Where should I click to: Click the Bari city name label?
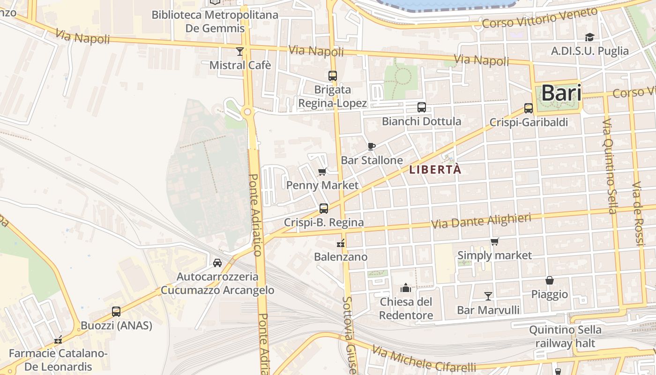point(561,93)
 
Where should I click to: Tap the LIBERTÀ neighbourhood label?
point(435,170)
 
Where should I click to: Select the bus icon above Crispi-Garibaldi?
point(529,108)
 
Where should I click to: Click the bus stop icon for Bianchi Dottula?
point(422,107)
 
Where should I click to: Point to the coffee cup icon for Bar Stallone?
point(372,146)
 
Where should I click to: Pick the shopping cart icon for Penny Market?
point(322,172)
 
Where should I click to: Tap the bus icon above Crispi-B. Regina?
point(324,209)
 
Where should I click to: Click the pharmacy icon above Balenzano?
point(341,243)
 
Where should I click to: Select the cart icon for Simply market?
point(495,242)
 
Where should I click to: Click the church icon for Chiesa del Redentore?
point(406,287)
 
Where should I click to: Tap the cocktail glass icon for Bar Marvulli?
point(488,296)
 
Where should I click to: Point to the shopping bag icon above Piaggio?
point(550,280)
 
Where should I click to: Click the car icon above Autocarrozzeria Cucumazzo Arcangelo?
point(217,262)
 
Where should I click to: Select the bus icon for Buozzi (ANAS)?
point(116,311)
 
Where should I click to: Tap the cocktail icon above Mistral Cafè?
point(240,51)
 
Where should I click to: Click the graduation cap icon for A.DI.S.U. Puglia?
point(589,37)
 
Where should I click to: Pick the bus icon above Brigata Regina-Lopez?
point(333,75)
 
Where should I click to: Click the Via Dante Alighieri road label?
point(481,221)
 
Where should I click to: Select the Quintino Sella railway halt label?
point(565,337)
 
